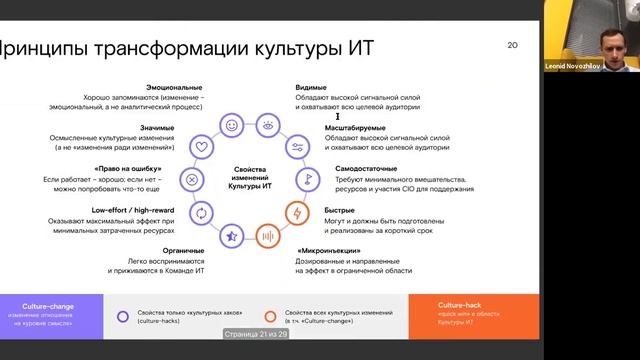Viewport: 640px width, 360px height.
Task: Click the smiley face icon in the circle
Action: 231,126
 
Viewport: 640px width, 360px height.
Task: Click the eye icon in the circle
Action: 267,126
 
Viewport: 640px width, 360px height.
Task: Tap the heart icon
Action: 201,147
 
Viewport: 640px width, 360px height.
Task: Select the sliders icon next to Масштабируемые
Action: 297,147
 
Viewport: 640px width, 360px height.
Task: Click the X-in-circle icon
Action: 190,180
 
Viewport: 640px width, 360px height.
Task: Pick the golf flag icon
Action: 308,180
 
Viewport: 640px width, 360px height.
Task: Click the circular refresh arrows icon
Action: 201,213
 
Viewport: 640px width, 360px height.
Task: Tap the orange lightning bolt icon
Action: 297,213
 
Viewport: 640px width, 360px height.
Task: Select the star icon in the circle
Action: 231,235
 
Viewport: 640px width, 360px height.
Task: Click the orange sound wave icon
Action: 267,236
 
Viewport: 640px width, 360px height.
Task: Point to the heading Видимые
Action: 312,88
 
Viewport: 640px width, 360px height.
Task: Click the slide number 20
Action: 513,45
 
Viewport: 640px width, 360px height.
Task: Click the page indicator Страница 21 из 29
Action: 255,335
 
